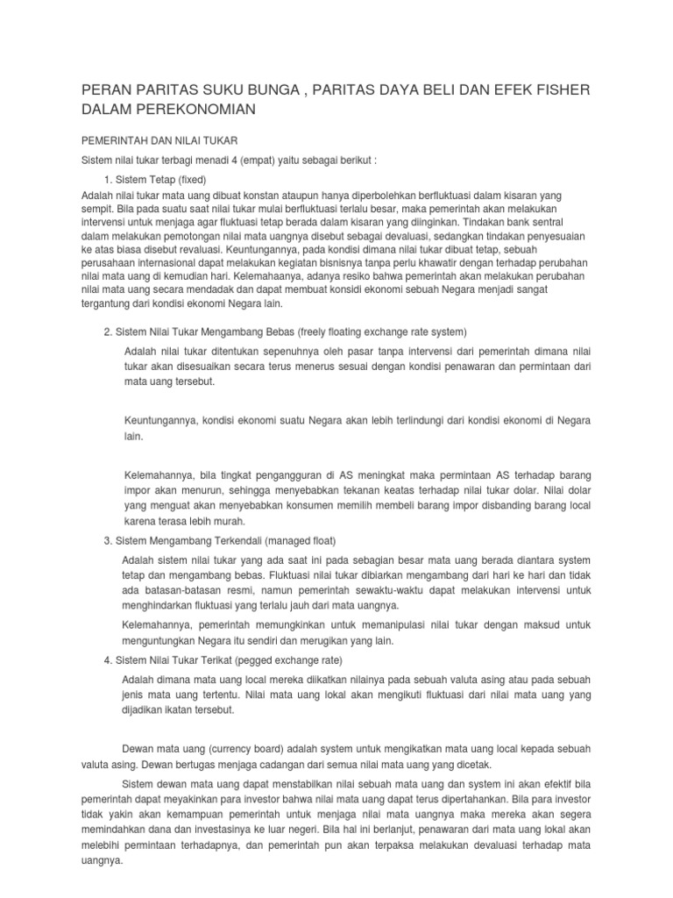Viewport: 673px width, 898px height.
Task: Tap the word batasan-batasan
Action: click(177, 590)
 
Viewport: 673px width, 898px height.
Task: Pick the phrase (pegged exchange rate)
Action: click(287, 659)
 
